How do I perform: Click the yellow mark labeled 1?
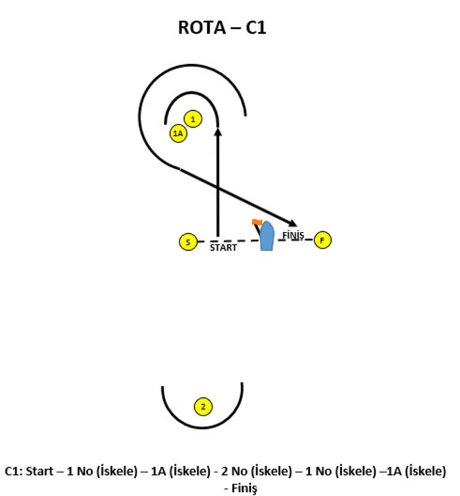coord(193,119)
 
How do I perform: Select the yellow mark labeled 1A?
coord(178,134)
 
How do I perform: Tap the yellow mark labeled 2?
coord(203,407)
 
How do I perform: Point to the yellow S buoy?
coord(188,243)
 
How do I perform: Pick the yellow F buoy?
coord(322,240)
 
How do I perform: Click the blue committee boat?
coord(267,236)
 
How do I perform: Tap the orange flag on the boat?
coord(257,222)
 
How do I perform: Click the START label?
coord(223,247)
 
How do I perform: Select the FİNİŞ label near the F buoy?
coord(293,235)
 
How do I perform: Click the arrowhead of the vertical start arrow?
coord(218,132)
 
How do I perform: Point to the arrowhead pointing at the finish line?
coord(292,223)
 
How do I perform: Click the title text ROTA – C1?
coord(222,28)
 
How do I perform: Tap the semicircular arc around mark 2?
coord(202,428)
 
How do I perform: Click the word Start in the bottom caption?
coord(40,471)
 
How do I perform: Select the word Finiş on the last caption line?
coord(244,488)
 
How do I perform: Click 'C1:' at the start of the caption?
coord(13,471)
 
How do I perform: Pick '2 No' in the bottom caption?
coord(234,471)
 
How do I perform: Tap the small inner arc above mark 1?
coord(192,93)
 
